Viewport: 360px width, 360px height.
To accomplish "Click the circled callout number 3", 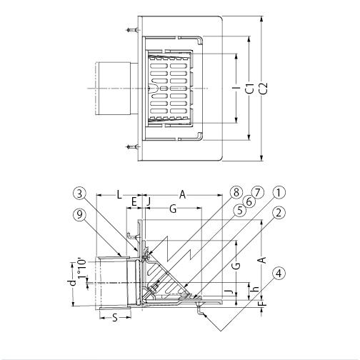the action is [79, 194].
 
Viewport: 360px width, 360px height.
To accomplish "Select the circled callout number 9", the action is [79, 215].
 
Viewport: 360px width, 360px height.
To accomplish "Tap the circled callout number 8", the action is [236, 192].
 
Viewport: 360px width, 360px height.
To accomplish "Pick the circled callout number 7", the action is [258, 192].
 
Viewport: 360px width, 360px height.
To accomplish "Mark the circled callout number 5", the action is [240, 210].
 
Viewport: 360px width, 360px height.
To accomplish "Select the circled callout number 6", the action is [249, 202].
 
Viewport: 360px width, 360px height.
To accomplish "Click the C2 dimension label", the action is [264, 89].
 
